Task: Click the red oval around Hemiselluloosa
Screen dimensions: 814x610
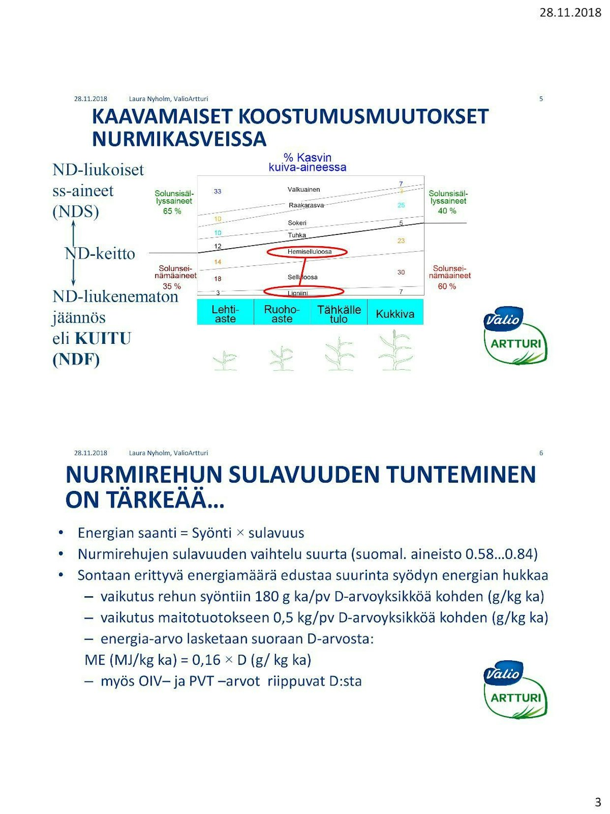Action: point(307,252)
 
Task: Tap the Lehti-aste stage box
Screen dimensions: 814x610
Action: point(225,314)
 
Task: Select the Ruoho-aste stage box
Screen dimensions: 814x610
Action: point(282,314)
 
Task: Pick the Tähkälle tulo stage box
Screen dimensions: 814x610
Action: point(339,314)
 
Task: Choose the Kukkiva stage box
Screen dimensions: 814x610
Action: point(395,314)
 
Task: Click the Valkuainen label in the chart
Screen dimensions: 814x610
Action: point(304,190)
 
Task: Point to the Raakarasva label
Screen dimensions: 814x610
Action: point(306,205)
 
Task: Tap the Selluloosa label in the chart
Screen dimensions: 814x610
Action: point(303,277)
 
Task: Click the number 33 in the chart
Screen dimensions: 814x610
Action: point(217,192)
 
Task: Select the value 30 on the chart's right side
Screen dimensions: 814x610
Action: point(401,272)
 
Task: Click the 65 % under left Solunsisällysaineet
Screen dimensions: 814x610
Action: point(172,211)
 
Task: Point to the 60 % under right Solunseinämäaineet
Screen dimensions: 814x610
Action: point(447,286)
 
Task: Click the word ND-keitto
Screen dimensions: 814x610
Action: point(100,254)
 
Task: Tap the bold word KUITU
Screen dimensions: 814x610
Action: point(103,339)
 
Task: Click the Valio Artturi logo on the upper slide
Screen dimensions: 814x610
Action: point(515,335)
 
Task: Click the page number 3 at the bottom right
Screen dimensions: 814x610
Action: point(598,802)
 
